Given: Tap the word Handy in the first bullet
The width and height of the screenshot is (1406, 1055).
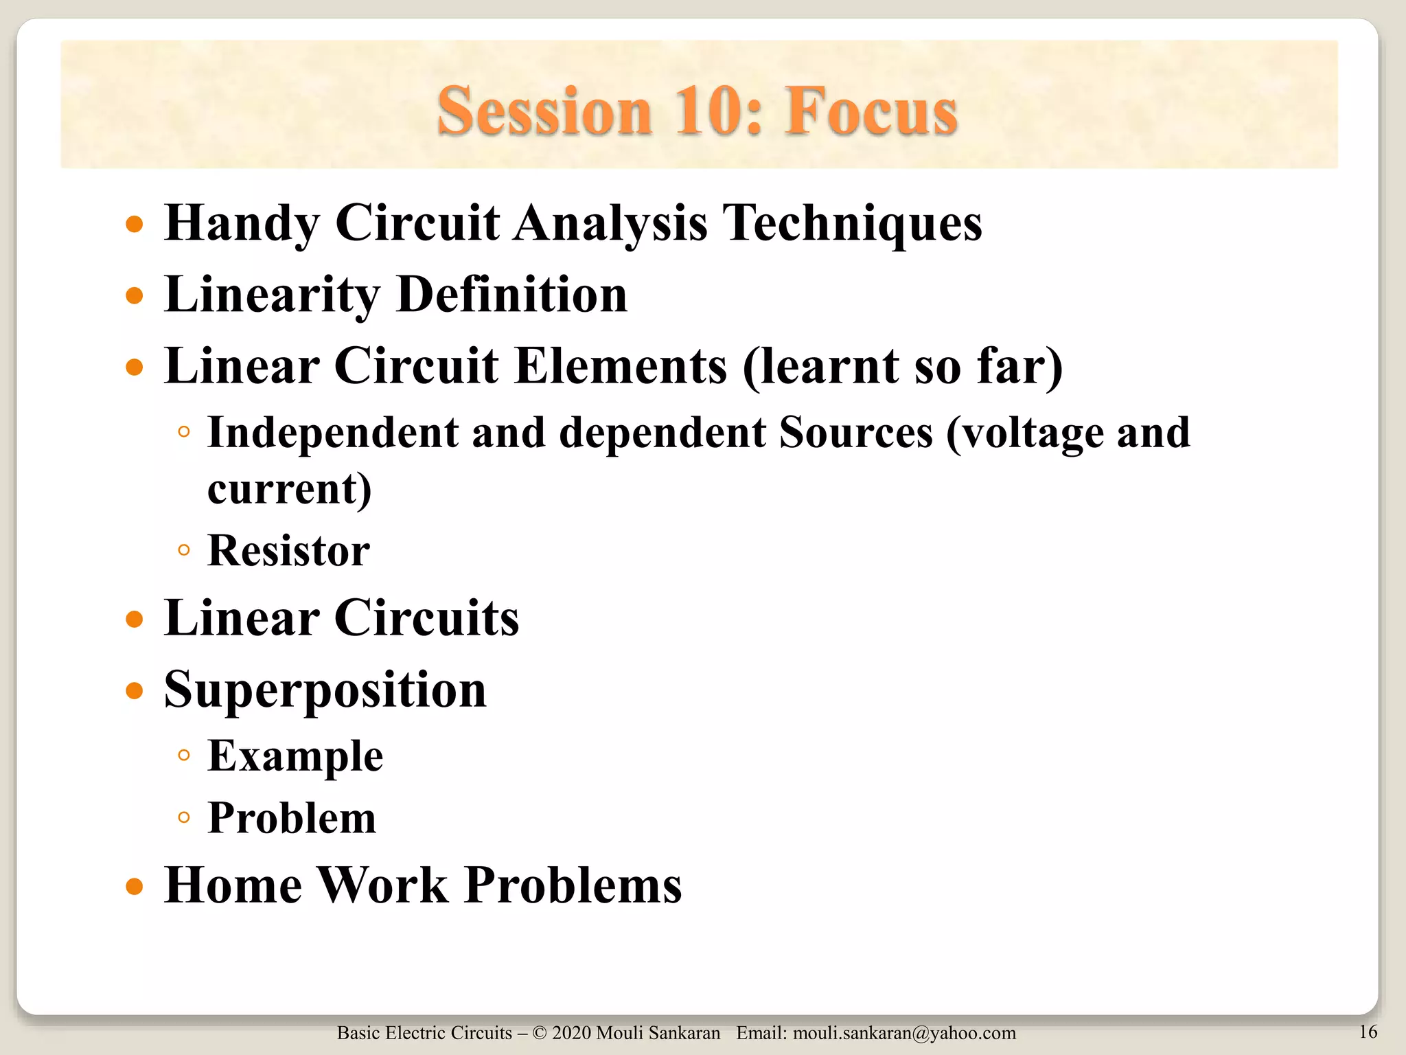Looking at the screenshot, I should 242,223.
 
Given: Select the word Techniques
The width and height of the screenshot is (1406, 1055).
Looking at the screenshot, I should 854,223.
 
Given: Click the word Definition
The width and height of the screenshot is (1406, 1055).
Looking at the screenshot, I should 511,295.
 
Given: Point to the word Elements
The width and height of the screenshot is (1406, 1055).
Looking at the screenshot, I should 620,365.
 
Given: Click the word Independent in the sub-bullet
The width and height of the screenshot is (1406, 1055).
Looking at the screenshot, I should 333,433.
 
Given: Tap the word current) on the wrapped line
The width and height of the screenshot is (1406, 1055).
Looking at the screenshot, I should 289,489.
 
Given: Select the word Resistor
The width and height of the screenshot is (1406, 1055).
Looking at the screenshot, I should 288,551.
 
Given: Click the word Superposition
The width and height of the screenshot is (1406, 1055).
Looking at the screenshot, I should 325,690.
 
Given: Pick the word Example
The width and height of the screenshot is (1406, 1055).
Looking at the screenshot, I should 295,756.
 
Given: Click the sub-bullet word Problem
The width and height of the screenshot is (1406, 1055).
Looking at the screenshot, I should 292,818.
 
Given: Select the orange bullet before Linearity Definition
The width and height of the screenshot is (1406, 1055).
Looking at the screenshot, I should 135,296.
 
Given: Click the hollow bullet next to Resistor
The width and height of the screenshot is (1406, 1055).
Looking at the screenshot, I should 183,550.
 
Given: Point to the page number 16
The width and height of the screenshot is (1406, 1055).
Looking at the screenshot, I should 1368,1032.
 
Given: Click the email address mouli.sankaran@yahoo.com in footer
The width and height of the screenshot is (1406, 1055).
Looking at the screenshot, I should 904,1033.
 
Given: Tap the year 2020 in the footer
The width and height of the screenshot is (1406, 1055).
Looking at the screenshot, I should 571,1033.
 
